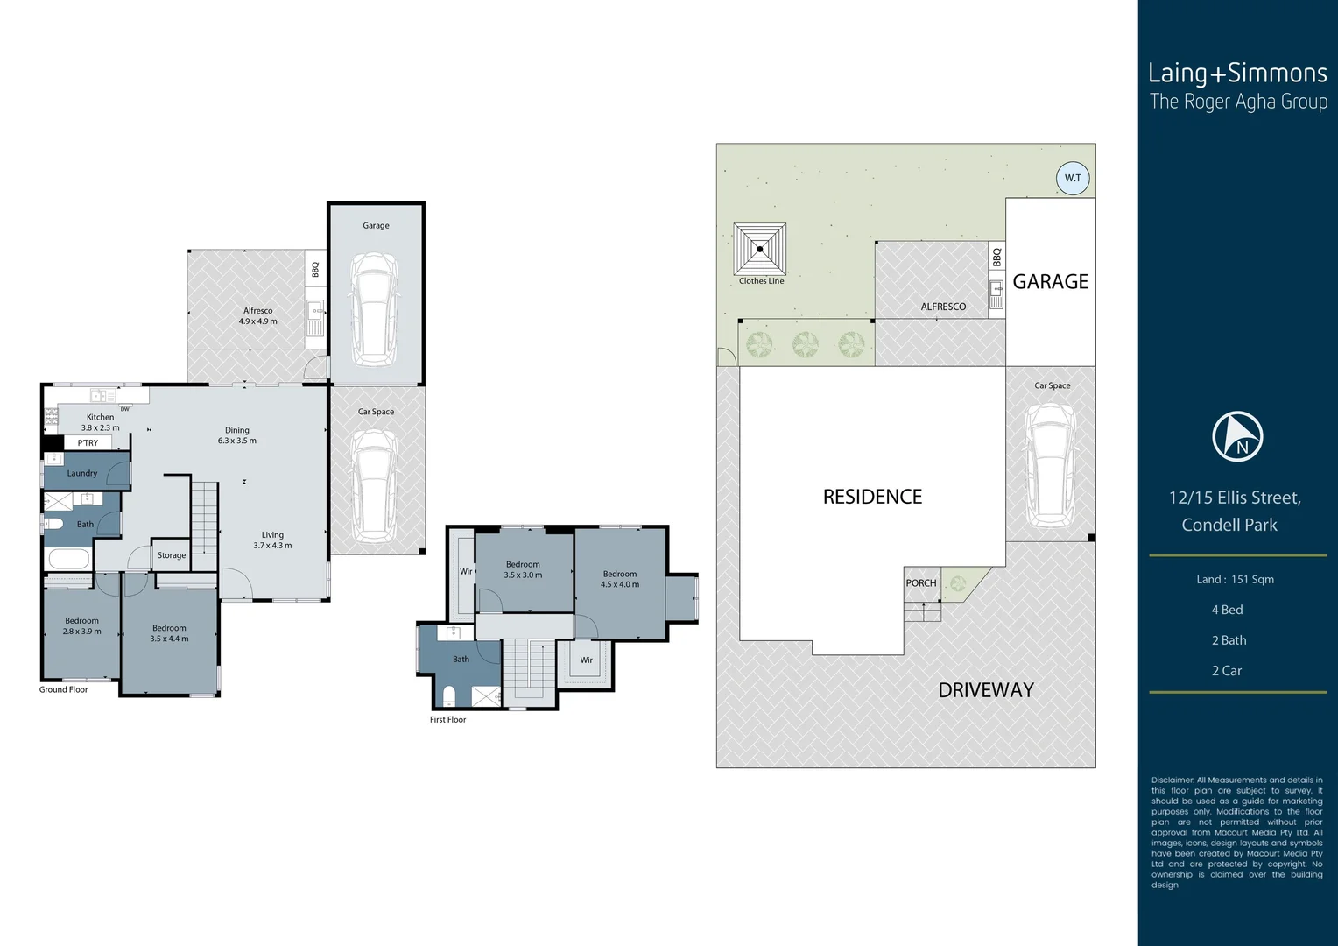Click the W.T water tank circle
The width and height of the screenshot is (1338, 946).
1073,178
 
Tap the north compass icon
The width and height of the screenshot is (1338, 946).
1237,436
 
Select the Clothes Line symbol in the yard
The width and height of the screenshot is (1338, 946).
760,249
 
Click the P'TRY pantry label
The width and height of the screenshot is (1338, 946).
88,443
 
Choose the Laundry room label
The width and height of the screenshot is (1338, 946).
82,473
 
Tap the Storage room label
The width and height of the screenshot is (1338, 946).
172,555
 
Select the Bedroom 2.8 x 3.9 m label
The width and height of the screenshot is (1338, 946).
81,625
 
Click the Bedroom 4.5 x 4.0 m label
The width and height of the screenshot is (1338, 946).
620,579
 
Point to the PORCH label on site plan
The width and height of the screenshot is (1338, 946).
921,583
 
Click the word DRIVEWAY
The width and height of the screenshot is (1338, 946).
986,690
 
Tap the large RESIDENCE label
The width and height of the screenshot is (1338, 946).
872,497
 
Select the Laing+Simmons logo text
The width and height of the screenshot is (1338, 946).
1237,74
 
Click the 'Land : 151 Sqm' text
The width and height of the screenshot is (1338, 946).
1235,579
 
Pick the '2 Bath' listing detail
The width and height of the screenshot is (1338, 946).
1229,640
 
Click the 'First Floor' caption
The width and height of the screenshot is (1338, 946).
447,720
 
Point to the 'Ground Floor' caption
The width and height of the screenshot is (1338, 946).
63,689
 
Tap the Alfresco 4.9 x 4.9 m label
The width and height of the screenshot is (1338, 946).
257,316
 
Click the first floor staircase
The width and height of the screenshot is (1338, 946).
530,669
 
